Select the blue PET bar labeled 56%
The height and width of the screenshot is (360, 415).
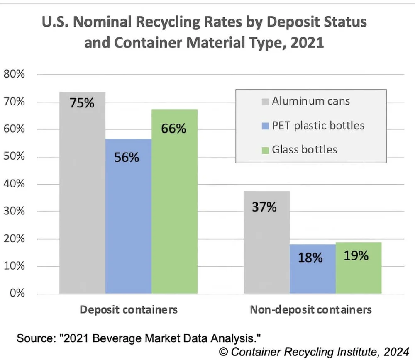pos(128,216)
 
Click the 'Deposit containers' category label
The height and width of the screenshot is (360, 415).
pos(128,310)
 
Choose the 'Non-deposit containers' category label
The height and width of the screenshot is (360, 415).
pos(311,310)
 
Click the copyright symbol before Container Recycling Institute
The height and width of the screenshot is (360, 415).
pos(224,352)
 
